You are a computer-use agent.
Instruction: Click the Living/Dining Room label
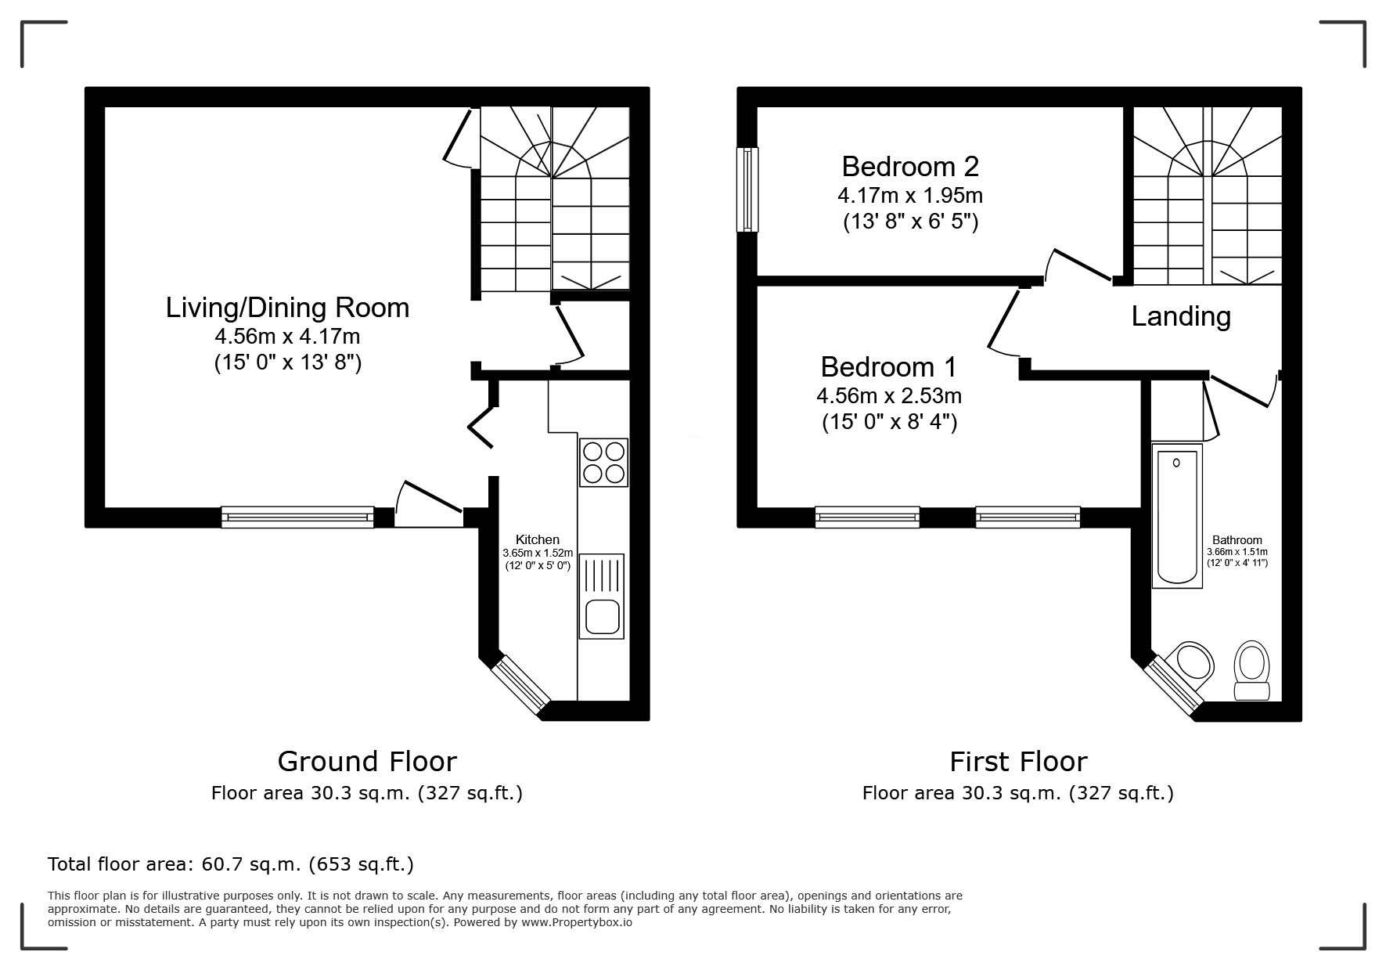pyautogui.click(x=287, y=308)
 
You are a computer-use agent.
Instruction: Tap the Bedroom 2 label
pyautogui.click(x=910, y=166)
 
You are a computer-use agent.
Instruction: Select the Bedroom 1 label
pyautogui.click(x=889, y=366)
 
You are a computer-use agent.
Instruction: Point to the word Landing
pyautogui.click(x=1181, y=316)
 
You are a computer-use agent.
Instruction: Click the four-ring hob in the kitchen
pyautogui.click(x=603, y=463)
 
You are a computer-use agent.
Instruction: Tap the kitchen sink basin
pyautogui.click(x=602, y=616)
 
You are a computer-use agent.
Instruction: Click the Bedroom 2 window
pyautogui.click(x=747, y=189)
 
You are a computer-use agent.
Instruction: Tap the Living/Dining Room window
pyautogui.click(x=297, y=517)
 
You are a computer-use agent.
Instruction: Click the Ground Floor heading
pyautogui.click(x=367, y=761)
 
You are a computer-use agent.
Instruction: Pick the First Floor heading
pyautogui.click(x=1018, y=761)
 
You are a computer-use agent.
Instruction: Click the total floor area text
pyautogui.click(x=231, y=864)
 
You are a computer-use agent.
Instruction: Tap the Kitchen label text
pyautogui.click(x=538, y=539)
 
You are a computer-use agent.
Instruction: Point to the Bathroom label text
pyautogui.click(x=1237, y=539)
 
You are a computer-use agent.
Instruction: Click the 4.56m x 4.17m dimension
pyautogui.click(x=288, y=337)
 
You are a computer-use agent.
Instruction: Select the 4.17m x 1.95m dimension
pyautogui.click(x=911, y=194)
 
